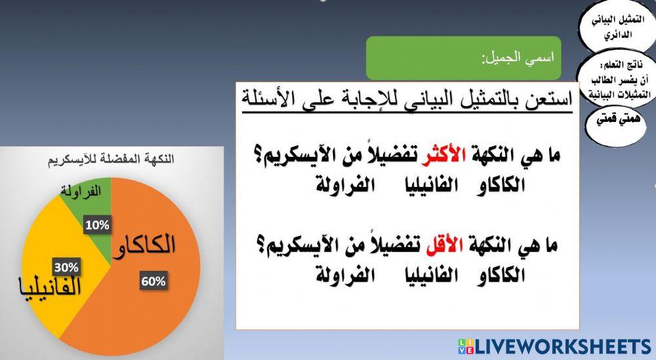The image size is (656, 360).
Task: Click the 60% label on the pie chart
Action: [154, 281]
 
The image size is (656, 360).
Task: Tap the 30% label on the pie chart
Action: [66, 267]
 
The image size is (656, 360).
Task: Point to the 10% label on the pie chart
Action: [97, 225]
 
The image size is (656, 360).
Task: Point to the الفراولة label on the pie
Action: [81, 191]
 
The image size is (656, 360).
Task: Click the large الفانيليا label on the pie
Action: [51, 287]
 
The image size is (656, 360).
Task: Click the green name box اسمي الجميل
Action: [463, 58]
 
